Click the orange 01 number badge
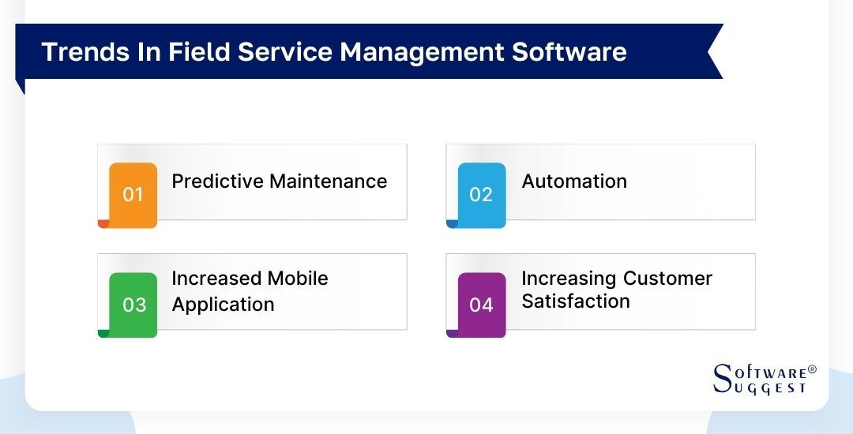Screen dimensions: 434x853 pos(133,194)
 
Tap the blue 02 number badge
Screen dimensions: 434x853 pos(481,194)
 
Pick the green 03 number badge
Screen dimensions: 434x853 pos(133,304)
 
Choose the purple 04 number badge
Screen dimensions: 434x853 pos(481,304)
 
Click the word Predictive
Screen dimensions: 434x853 pos(218,181)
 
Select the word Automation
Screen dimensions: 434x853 pos(574,181)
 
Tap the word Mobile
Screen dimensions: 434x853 pos(298,279)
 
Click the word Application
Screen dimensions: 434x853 pos(224,305)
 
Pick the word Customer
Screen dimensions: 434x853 pos(667,279)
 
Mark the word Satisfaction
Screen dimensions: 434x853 pos(576,301)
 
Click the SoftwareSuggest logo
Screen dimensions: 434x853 pos(761,379)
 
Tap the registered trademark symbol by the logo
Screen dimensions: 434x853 pos(813,369)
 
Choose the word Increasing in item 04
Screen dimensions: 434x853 pos(569,279)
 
